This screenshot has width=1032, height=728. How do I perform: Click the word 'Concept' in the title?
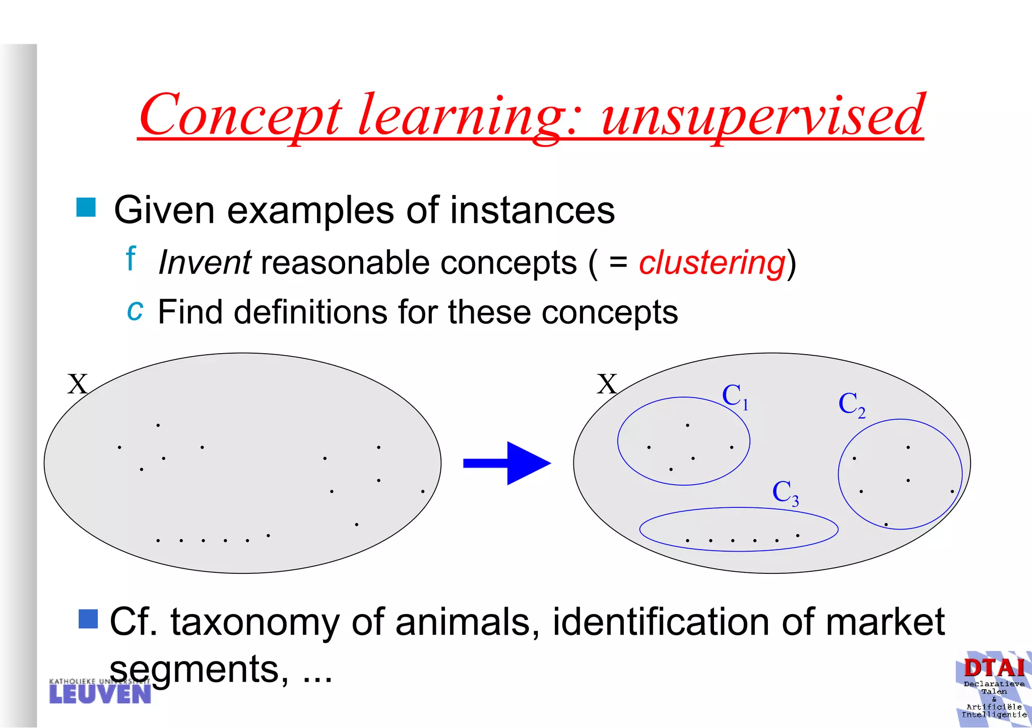point(240,117)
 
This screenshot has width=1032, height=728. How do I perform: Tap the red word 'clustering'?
point(712,263)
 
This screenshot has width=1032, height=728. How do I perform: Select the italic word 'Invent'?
point(204,263)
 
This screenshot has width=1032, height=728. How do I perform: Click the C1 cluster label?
point(735,396)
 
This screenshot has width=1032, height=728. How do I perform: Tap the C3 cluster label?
point(785,493)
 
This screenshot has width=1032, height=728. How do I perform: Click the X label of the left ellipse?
point(78,384)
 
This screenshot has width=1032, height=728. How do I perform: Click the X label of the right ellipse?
point(607,384)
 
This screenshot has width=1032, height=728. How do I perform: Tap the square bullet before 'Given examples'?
point(86,208)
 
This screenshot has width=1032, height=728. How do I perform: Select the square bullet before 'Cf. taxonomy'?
point(88,619)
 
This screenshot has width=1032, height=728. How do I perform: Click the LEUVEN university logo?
point(100,691)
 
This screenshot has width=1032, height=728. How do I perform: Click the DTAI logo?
point(994,688)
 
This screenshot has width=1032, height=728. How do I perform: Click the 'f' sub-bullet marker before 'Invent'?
point(131,258)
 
